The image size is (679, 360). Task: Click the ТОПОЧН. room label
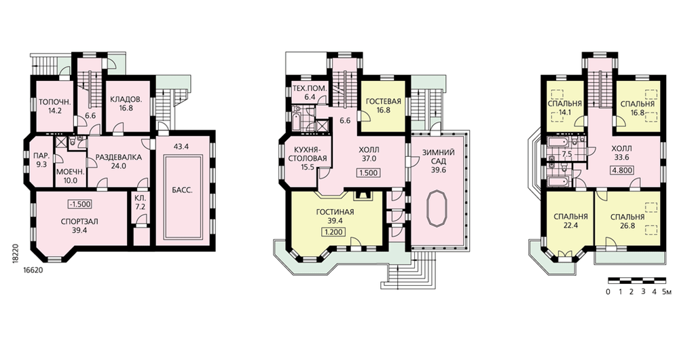[x=55, y=103]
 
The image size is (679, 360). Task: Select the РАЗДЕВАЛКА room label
[x=118, y=158]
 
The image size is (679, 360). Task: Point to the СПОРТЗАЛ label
[x=79, y=221]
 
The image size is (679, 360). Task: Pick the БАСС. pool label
[x=182, y=190]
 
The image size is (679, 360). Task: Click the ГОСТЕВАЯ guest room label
[x=383, y=101]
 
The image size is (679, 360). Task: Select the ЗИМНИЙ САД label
[x=439, y=157]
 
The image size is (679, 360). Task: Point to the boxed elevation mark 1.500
[x=368, y=173]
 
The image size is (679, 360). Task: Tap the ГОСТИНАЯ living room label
[x=335, y=213]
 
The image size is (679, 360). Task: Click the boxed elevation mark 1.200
[x=332, y=232]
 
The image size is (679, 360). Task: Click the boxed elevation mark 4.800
[x=621, y=170]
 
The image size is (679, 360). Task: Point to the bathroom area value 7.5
[x=566, y=154]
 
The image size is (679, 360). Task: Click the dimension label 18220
[x=16, y=251]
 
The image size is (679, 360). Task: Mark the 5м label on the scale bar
[x=667, y=291]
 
